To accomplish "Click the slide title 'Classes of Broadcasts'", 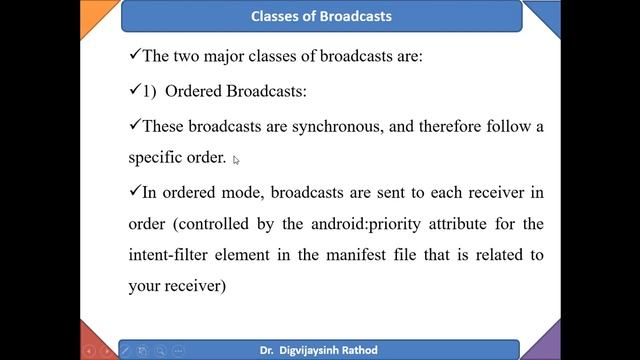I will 321,16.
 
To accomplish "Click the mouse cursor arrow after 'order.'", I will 236,159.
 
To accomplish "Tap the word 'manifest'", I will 370,255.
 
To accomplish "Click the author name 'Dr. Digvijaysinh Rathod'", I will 321,350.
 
